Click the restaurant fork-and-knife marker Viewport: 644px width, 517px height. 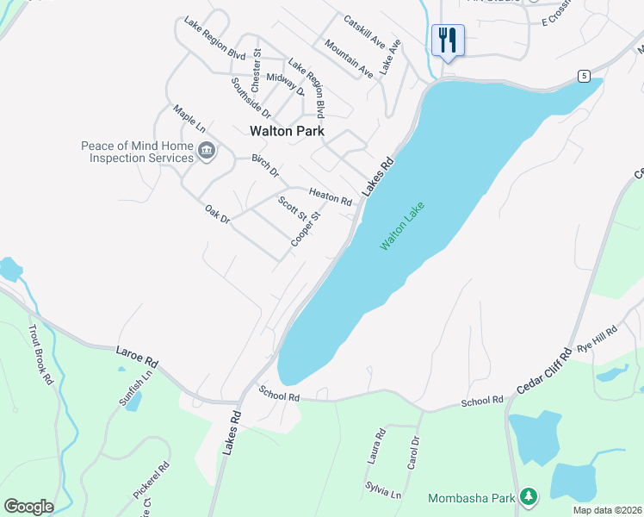[x=448, y=40]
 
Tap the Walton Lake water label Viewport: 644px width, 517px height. [x=404, y=227]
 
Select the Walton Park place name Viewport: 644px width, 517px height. [x=287, y=131]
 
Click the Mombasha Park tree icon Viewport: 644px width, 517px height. [x=529, y=497]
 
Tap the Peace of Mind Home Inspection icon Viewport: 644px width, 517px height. [x=207, y=152]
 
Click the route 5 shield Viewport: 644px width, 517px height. [x=584, y=77]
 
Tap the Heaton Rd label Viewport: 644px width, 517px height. [x=331, y=197]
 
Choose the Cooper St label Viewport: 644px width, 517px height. [x=305, y=228]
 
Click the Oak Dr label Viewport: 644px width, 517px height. [x=218, y=214]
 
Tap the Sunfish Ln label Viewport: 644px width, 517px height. [x=136, y=385]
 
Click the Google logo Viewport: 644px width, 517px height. [x=28, y=507]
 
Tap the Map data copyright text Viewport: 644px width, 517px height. [x=607, y=510]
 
